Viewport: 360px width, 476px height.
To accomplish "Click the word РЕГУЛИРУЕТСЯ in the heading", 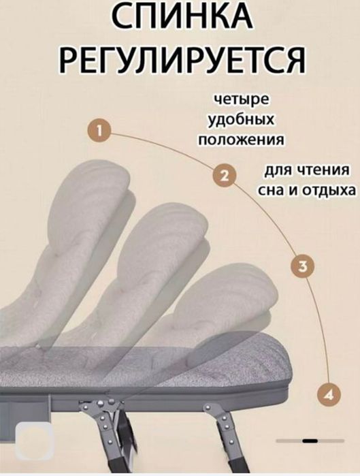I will [180, 63].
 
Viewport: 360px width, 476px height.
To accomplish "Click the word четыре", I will [241, 100].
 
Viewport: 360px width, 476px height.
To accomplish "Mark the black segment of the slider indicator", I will [310, 441].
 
